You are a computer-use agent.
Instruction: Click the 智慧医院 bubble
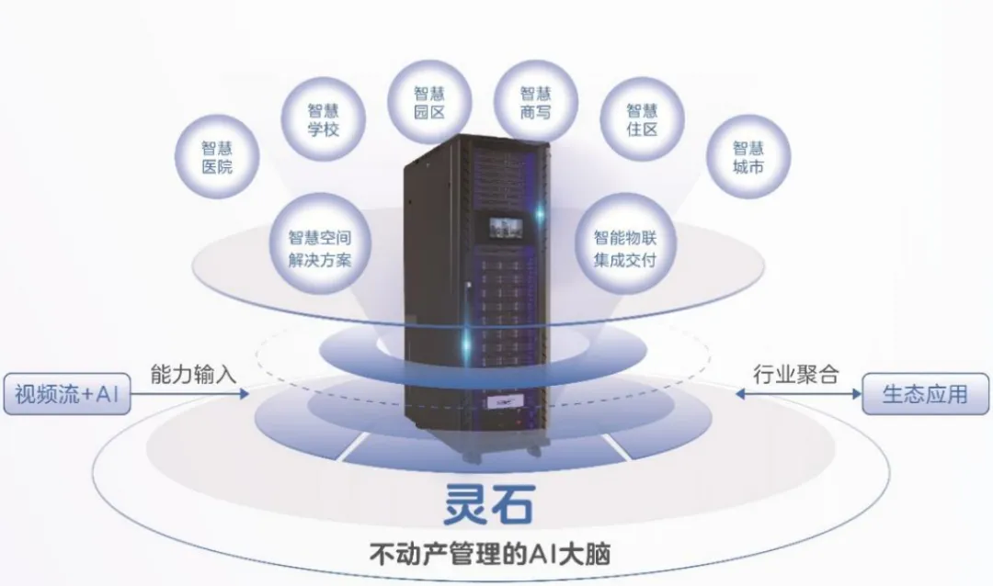point(217,158)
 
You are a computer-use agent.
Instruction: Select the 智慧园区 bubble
point(429,103)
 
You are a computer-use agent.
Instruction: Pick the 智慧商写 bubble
point(535,103)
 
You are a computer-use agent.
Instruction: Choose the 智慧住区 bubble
point(642,119)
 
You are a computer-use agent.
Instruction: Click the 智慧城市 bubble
point(748,157)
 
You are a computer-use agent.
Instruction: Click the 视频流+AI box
point(67,395)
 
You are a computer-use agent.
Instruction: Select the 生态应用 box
point(925,395)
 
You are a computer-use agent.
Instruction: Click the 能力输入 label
point(194,373)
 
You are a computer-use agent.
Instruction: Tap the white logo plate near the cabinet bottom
point(498,401)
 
